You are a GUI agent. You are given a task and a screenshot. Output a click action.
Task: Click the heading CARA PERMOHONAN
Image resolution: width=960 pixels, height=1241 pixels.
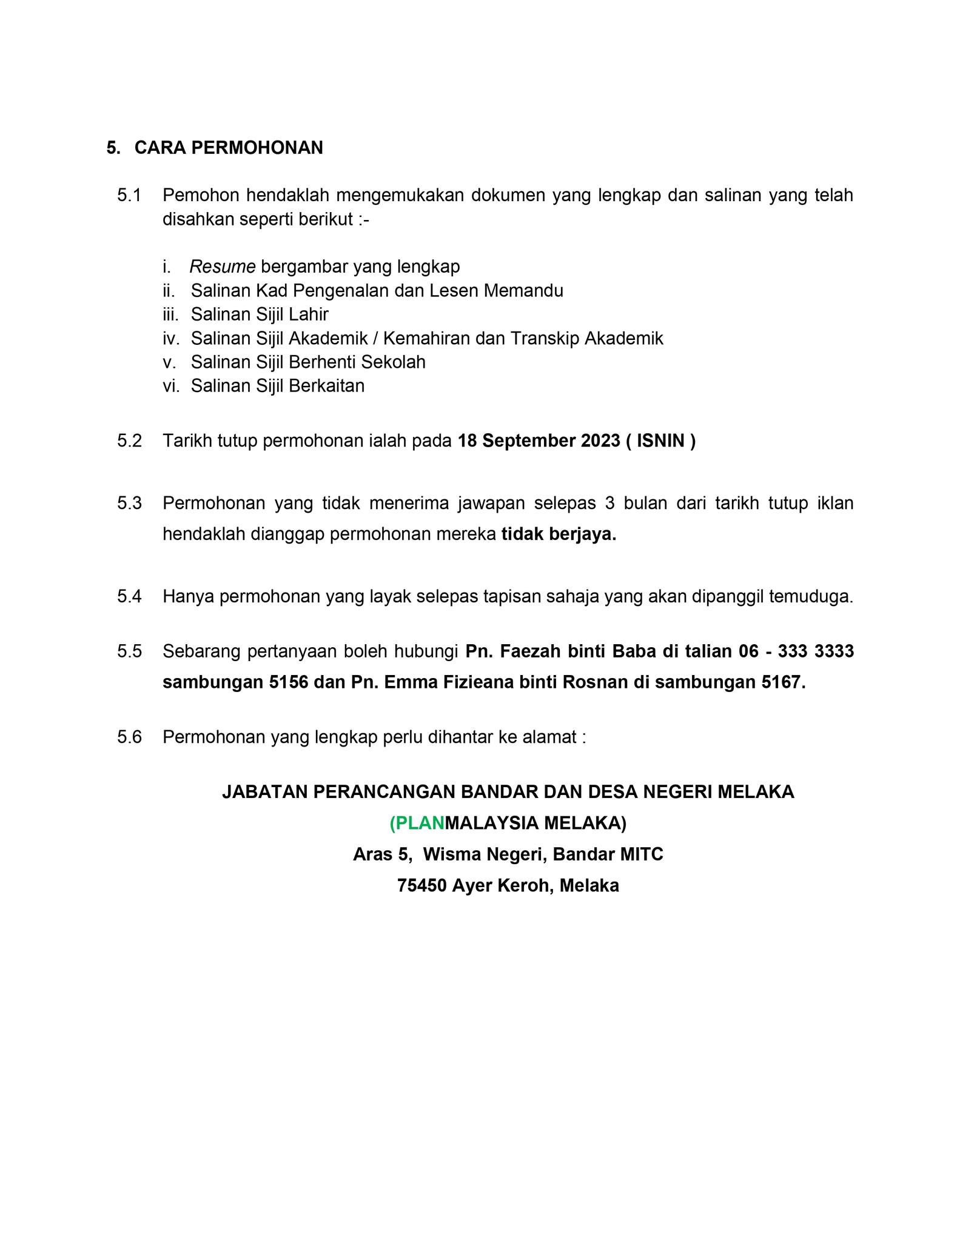[x=228, y=148]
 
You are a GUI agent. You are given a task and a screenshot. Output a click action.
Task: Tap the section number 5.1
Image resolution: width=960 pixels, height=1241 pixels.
[x=129, y=195]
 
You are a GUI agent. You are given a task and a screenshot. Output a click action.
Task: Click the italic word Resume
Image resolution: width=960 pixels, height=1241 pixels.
[x=223, y=267]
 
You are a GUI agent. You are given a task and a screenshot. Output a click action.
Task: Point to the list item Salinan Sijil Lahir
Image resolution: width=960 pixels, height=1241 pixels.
[x=259, y=314]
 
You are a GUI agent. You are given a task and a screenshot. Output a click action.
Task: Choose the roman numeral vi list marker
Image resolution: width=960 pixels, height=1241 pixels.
[x=170, y=386]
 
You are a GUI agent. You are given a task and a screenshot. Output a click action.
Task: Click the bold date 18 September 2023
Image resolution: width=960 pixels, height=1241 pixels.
[x=539, y=441]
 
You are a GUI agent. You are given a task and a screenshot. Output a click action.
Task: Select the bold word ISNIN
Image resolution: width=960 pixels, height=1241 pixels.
[x=660, y=441]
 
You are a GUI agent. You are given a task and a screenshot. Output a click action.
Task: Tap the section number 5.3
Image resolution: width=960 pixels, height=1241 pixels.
[x=129, y=503]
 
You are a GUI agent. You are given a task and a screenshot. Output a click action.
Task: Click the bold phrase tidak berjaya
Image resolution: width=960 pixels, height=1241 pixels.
[x=558, y=534]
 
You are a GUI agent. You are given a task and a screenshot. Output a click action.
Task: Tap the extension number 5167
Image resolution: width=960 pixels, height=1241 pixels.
[x=783, y=683]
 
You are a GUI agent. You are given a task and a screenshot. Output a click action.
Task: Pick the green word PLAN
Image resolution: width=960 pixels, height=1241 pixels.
[x=419, y=823]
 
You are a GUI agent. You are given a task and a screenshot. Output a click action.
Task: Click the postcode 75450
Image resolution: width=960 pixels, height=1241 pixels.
[x=421, y=886]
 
